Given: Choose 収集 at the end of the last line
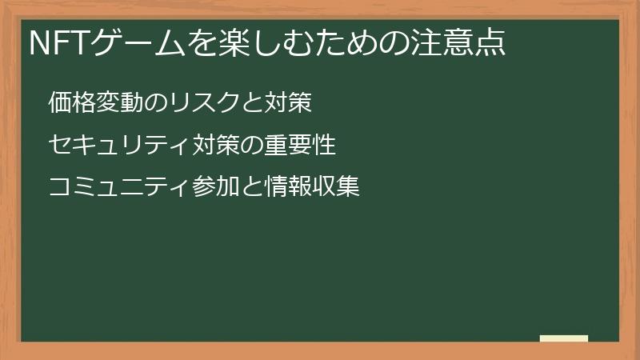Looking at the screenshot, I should [336, 187].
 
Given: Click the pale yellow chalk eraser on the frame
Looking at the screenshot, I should [564, 338].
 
